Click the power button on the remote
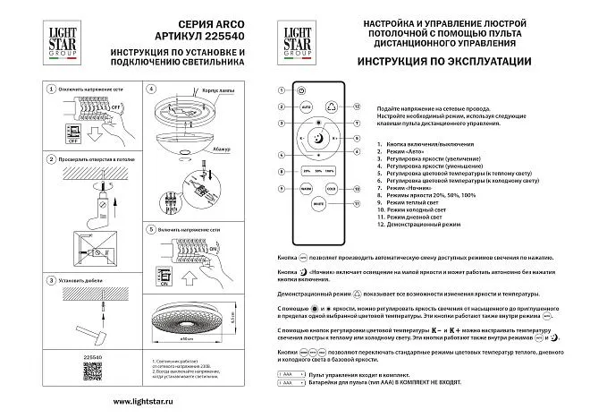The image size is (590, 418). pyautogui.click(x=300, y=90)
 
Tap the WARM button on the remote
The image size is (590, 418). pyautogui.click(x=305, y=189)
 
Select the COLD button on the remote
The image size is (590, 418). pyautogui.click(x=330, y=189)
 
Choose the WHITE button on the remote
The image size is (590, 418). pyautogui.click(x=317, y=205)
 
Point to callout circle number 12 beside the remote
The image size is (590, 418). pyautogui.click(x=356, y=106)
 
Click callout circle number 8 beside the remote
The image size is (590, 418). pyautogui.click(x=280, y=170)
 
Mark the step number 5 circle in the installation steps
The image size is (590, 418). pyautogui.click(x=149, y=227)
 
